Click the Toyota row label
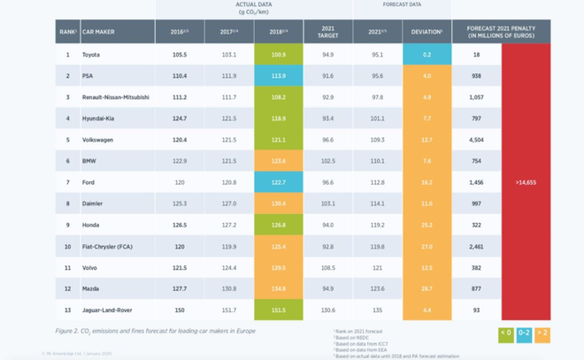91,55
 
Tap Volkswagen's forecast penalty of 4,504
476,139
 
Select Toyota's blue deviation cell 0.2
426,55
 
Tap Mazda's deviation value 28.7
426,287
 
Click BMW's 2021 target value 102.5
327,160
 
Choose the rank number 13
66,309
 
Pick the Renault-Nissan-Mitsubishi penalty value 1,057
476,96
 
